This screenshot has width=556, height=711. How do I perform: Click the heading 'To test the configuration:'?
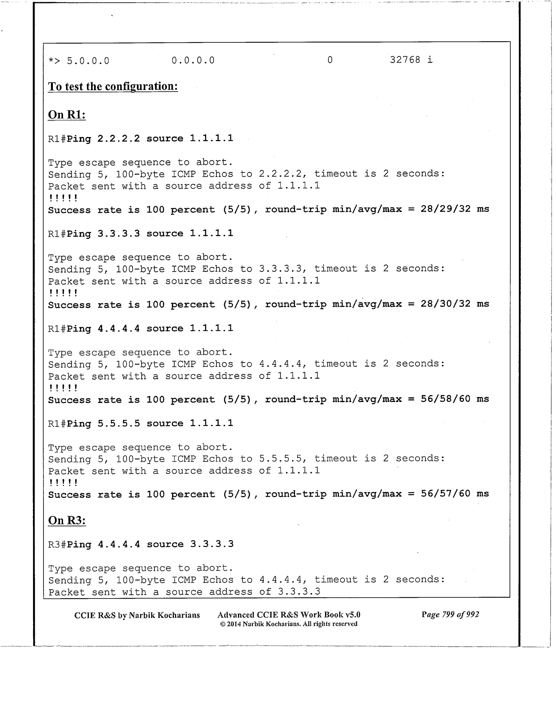tap(113, 87)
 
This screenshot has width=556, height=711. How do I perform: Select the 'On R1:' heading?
tap(67, 115)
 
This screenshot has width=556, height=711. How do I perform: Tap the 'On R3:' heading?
tap(67, 520)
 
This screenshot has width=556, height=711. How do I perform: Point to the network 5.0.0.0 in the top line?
tap(88, 61)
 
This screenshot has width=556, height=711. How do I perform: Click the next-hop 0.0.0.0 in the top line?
tap(193, 60)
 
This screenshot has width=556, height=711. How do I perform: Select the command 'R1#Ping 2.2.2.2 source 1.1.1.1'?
tap(141, 139)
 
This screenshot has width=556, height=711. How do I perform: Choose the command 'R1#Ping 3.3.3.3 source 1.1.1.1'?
tap(141, 234)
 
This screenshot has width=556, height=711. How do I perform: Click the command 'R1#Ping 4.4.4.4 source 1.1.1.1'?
tap(141, 329)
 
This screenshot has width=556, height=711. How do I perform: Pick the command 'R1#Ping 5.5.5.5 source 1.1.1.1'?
tap(141, 424)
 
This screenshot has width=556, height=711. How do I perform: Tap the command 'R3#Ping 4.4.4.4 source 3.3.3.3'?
tap(141, 544)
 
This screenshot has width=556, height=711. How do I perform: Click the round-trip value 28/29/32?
tap(445, 209)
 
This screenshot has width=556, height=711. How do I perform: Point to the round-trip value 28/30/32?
tap(445, 304)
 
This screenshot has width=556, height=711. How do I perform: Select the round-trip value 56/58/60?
tap(445, 399)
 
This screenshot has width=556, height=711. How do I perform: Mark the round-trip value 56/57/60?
tap(445, 494)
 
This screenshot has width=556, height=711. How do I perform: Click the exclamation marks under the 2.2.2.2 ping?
tap(63, 198)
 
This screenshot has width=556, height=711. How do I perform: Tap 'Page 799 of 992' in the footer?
tap(450, 615)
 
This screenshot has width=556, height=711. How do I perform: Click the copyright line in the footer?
tap(288, 624)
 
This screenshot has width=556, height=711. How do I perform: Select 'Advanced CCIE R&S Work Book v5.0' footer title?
tap(289, 615)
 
